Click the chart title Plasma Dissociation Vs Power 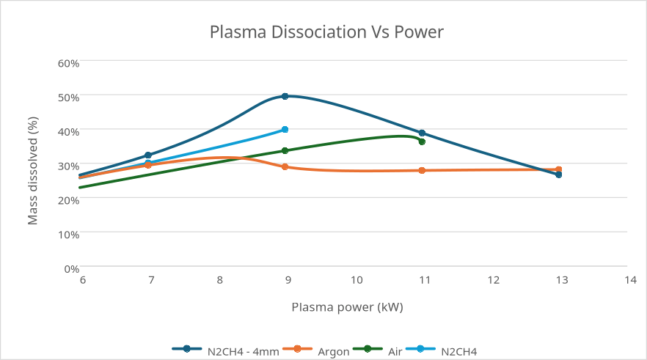[326, 32]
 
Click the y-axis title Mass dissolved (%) [32, 171]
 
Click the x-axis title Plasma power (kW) [347, 306]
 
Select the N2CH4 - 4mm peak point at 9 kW [285, 96]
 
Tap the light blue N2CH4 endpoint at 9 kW [285, 130]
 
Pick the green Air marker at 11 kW [422, 142]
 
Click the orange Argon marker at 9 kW [285, 167]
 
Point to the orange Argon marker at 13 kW [558, 169]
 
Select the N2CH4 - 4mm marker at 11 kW [422, 133]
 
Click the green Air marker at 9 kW [285, 151]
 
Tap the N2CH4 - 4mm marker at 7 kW [148, 155]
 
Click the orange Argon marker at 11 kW [422, 170]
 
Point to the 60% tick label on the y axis [68, 63]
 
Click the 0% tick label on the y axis [71, 268]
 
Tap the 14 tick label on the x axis [629, 280]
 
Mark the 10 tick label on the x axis [357, 280]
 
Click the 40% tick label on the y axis [68, 131]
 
